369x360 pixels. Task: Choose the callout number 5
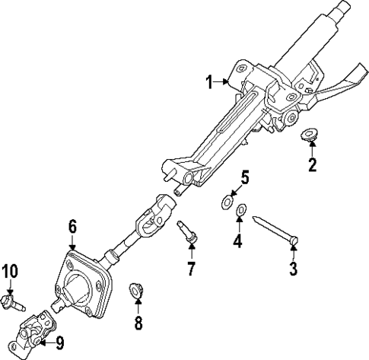[x=244, y=178]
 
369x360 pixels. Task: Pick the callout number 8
[x=138, y=322]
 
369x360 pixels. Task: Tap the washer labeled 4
[x=241, y=211]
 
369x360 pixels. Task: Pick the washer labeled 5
[x=227, y=202]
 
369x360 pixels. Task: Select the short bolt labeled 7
[x=188, y=231]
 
